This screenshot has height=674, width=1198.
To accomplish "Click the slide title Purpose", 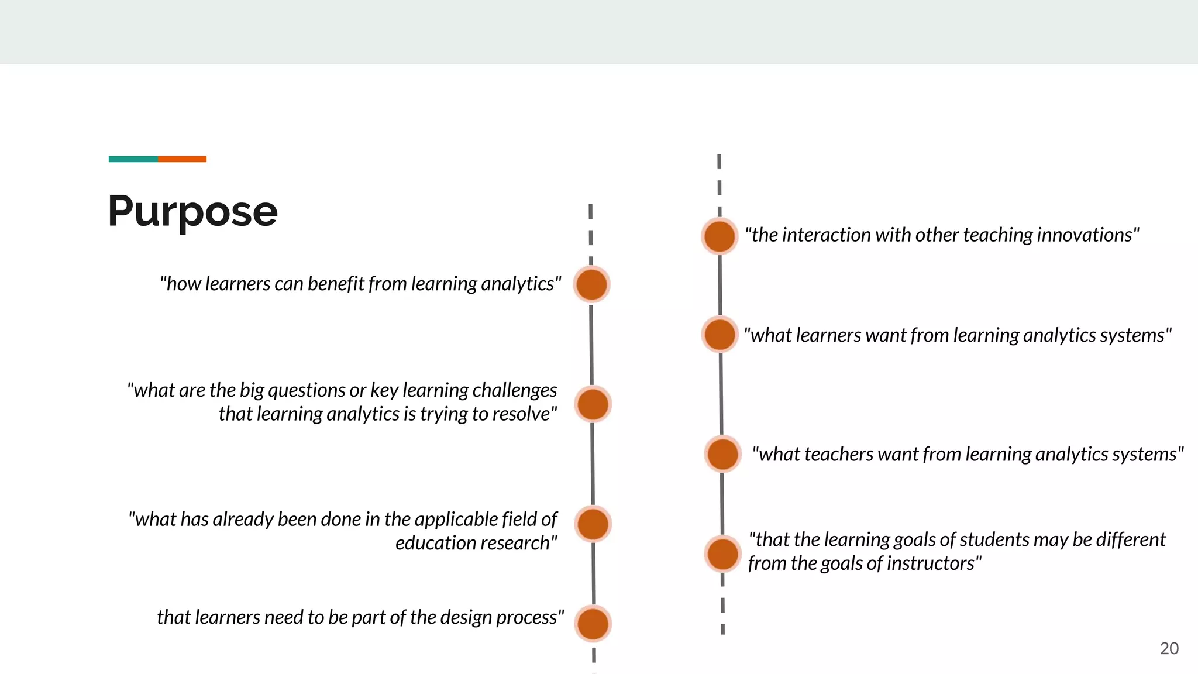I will pos(192,211).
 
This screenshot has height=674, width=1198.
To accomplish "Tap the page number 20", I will pos(1169,648).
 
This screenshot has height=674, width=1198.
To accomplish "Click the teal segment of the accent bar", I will pos(133,159).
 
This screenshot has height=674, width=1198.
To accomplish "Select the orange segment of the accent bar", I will pos(182,159).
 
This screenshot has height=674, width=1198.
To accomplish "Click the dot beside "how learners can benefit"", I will pos(591,284).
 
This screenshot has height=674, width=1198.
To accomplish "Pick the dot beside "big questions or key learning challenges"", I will pos(593,404).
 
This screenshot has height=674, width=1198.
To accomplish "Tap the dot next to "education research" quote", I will pos(593,524).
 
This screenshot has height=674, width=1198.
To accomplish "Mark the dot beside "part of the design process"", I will pos(593,623).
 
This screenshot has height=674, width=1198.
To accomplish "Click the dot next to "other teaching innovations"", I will pos(720,236).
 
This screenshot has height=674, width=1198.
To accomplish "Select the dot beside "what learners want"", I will pos(720,335).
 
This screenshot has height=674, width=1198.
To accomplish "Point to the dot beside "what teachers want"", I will pos(722,454).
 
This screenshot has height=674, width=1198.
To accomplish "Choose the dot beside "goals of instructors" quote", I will pos(723,553).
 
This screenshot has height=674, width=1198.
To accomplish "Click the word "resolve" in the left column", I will pos(524,414).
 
